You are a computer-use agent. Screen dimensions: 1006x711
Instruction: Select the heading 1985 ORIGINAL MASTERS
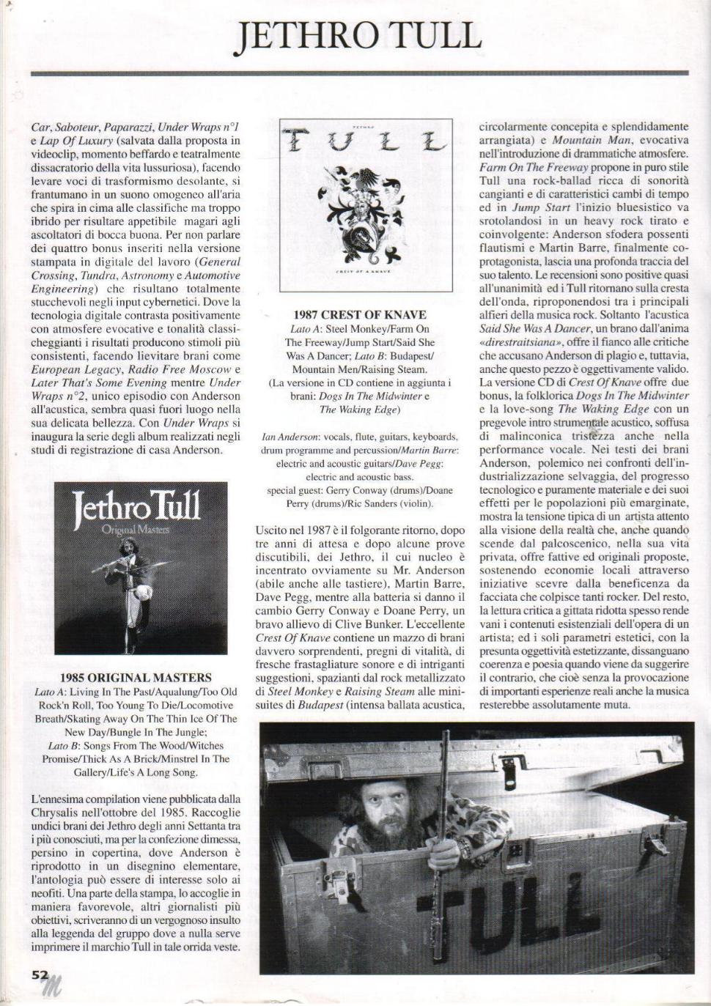[x=136, y=678]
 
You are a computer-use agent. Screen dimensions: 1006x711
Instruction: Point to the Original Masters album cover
[x=141, y=567]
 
